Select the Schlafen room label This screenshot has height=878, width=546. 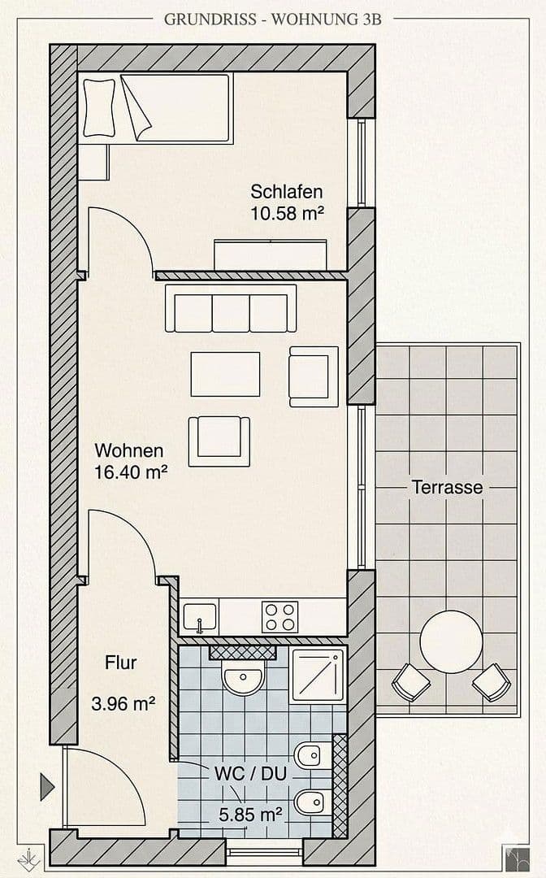[286, 193]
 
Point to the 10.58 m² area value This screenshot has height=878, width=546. [288, 215]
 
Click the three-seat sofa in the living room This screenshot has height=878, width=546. [231, 312]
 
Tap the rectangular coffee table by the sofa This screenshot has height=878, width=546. [225, 374]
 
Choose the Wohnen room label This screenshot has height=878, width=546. [129, 450]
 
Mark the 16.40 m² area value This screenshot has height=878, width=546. [131, 472]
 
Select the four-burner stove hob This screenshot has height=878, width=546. [279, 617]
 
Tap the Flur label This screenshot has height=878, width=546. [120, 663]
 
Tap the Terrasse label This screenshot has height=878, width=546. [447, 488]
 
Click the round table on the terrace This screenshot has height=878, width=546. [451, 641]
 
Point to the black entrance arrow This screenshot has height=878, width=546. [47, 786]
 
